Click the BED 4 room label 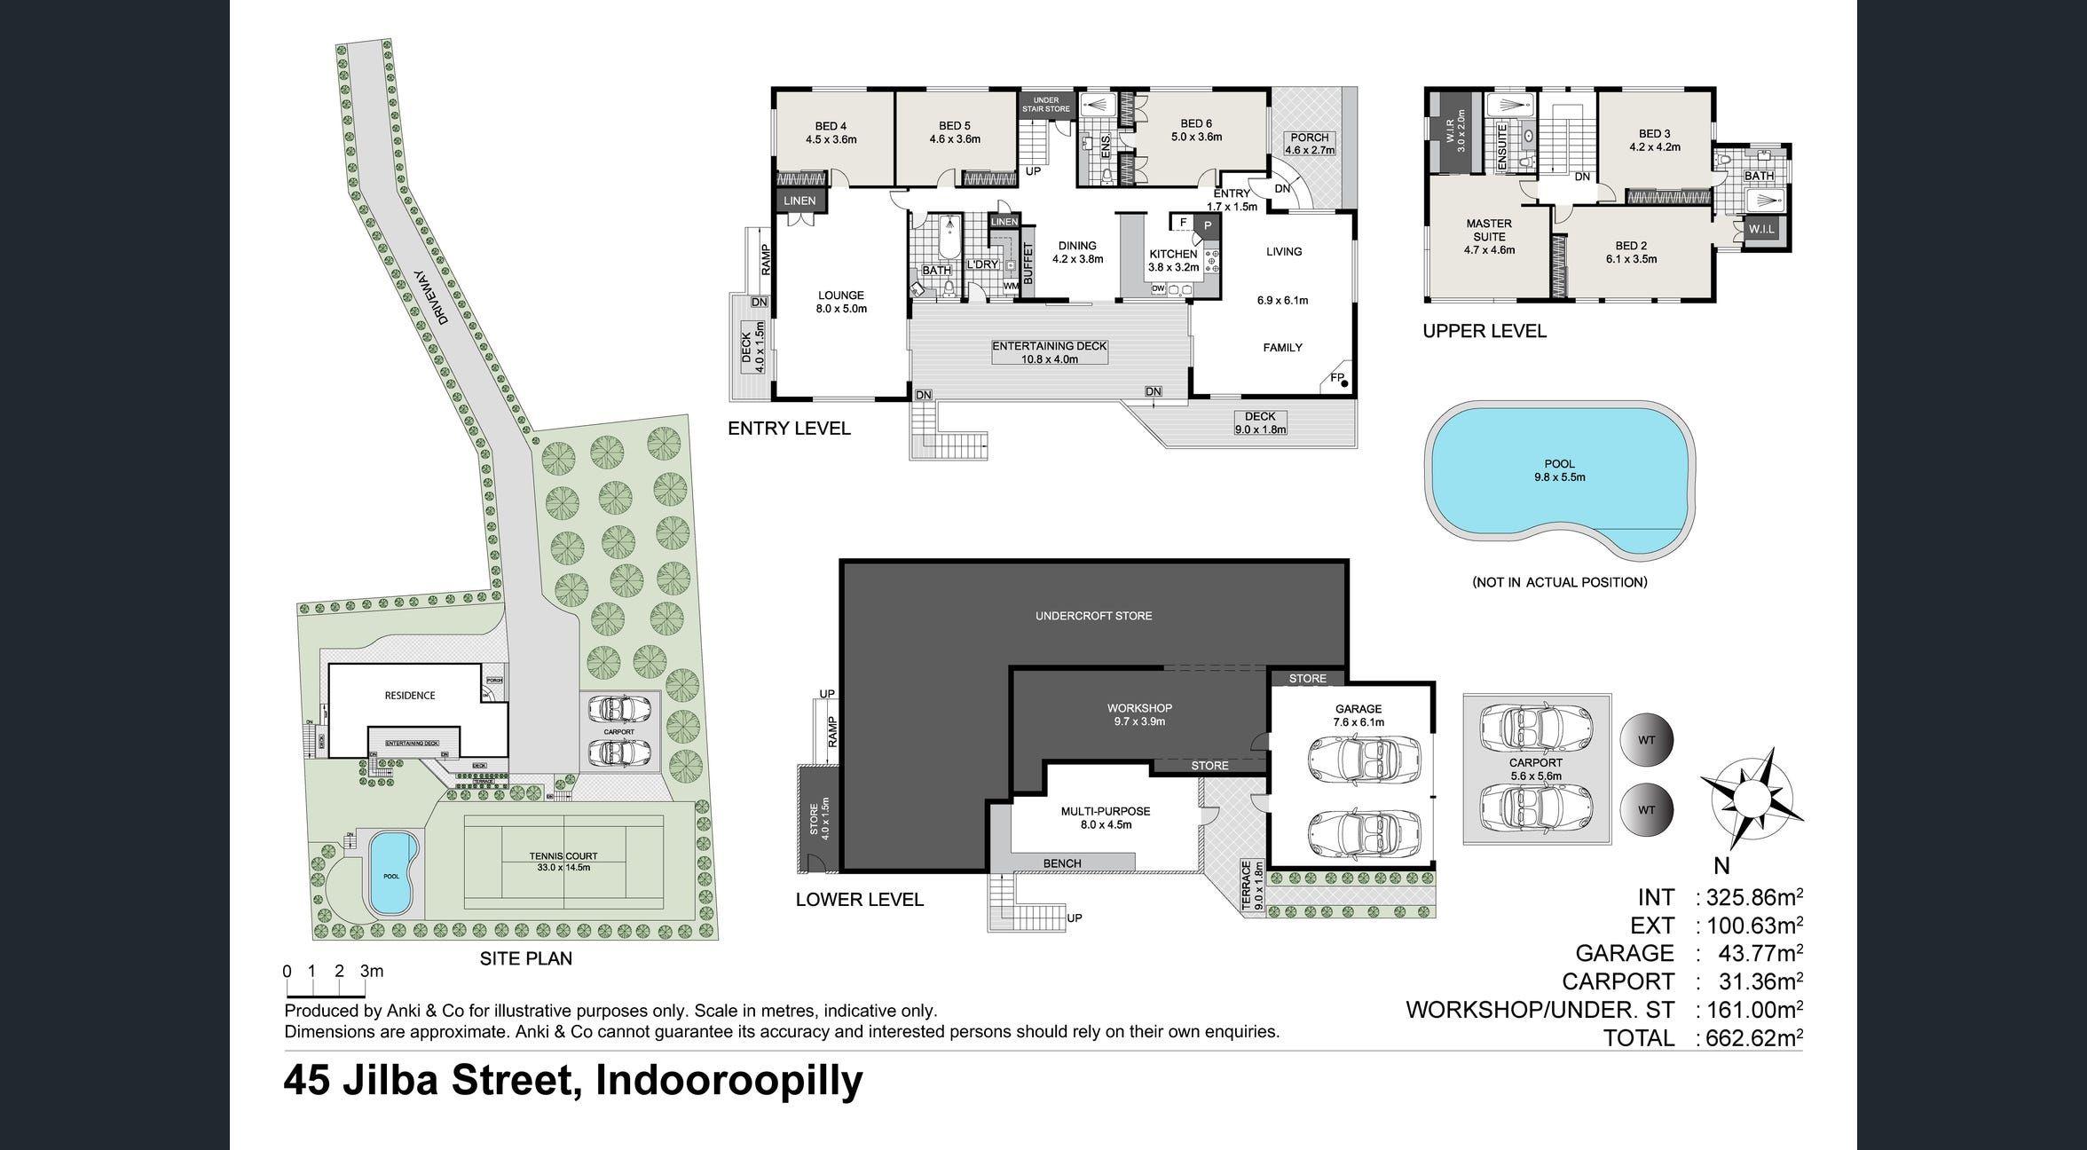(831, 132)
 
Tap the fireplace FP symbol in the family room (1340, 380)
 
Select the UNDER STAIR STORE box (1046, 105)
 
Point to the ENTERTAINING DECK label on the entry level (1049, 352)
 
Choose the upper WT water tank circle (1646, 740)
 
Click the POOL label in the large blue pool (1559, 470)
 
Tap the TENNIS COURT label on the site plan (563, 862)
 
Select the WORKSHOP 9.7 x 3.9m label (1139, 714)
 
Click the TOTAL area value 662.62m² (1748, 1037)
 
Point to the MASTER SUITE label (1489, 236)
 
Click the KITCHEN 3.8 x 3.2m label (1173, 260)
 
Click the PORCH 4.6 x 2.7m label (1310, 144)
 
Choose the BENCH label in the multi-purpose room (1062, 863)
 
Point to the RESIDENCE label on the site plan (410, 696)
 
